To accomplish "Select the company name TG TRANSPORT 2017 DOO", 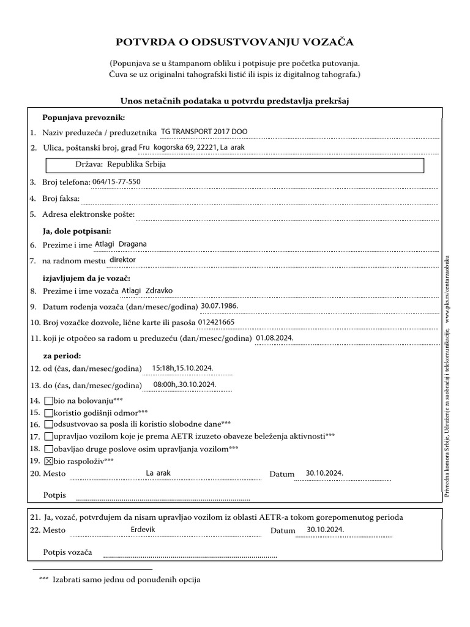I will coord(204,132).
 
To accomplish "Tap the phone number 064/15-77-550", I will coord(116,182).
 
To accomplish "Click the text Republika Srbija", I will coord(136,165).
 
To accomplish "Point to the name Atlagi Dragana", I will coord(121,244).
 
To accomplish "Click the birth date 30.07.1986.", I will coord(220,306).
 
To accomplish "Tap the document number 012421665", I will coord(217,321).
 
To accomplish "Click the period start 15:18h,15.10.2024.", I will coord(183,367).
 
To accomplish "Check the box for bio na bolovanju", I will coord(49,400).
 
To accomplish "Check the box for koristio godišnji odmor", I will coord(49,413).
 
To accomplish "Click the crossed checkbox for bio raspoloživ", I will coord(49,461).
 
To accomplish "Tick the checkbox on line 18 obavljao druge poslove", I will coord(49,449).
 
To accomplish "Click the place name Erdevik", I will coord(143,529).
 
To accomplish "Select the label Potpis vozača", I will coord(67,553).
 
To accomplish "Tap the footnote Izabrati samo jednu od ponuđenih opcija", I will coord(126,579).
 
